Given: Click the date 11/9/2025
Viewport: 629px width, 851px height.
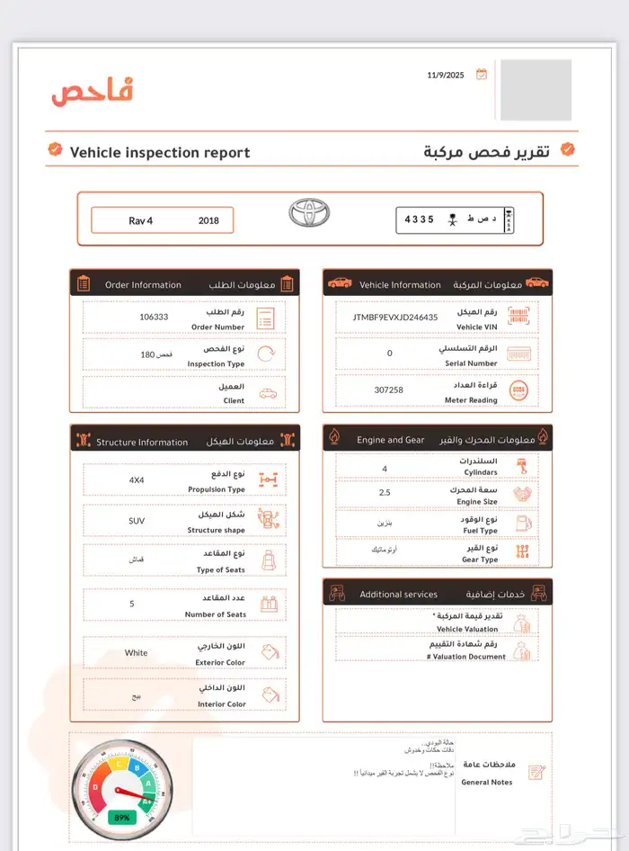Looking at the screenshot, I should tap(445, 75).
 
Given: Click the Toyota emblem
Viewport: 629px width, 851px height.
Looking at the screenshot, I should tap(309, 213).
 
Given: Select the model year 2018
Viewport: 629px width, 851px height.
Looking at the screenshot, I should tap(208, 220).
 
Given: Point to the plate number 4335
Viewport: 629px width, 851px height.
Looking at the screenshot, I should tap(419, 219).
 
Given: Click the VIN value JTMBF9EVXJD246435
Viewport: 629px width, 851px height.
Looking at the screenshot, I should tap(395, 317).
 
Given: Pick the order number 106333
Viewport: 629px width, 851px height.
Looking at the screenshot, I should tap(154, 317).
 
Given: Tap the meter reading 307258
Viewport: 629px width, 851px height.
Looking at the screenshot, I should tap(389, 390).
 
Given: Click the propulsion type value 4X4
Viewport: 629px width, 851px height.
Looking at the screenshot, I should tap(137, 479).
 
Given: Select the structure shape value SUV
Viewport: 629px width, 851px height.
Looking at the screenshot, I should tap(137, 520).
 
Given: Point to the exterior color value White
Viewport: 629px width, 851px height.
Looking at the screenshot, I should tap(137, 653).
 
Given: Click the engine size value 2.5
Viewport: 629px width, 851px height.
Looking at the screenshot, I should tap(385, 493).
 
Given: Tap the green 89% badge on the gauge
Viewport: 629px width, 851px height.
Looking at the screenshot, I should tap(121, 818).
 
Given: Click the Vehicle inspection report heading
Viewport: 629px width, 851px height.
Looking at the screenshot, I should tap(160, 153).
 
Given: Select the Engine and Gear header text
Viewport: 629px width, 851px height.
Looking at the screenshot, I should tap(390, 440).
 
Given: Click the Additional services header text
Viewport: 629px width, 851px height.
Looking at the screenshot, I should tap(398, 595).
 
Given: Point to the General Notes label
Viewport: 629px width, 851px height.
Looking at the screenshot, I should tap(487, 782).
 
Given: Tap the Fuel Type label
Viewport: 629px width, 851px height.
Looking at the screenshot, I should tap(480, 531).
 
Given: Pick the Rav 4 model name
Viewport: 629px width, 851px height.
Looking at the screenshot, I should tap(141, 220).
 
